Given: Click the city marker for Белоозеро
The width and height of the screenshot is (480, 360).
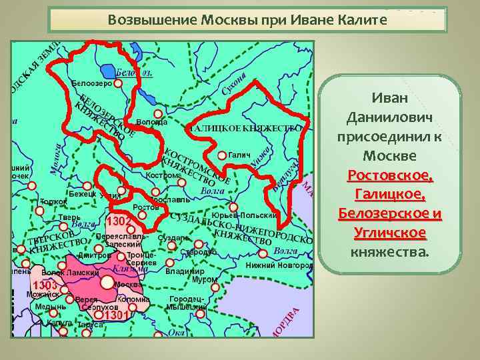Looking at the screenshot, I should [x=117, y=84].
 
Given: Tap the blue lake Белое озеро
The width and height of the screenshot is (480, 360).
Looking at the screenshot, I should [x=107, y=70].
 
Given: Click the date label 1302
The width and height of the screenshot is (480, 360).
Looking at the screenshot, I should [x=119, y=221].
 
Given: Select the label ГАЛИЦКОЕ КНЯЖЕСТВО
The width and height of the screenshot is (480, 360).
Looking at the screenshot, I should [x=246, y=127].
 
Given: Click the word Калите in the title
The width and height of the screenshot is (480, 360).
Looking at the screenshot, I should [x=360, y=19].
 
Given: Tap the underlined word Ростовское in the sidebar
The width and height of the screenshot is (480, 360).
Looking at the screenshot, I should [x=389, y=177].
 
